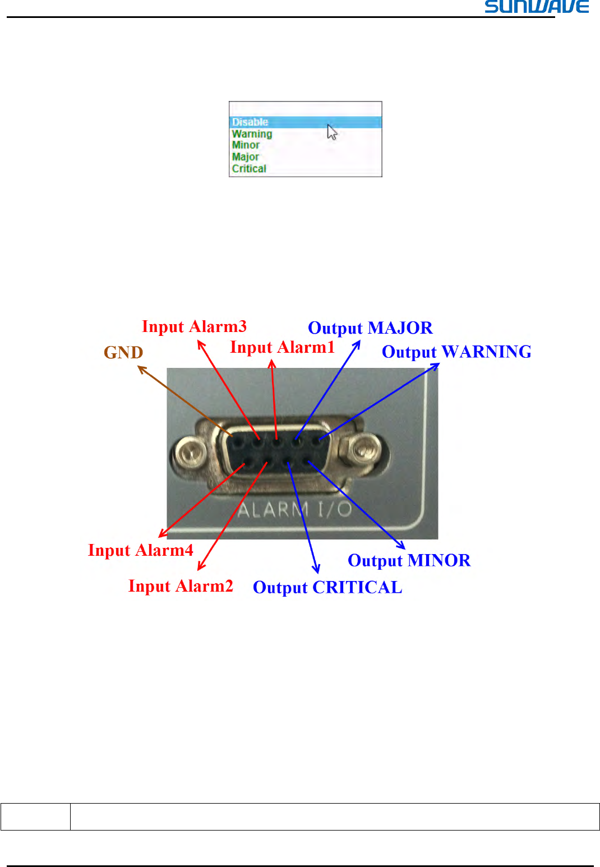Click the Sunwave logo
tap(537, 7)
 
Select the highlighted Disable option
tap(250, 122)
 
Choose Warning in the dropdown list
tap(252, 134)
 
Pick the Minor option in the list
tap(246, 145)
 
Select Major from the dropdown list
tap(245, 157)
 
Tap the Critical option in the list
tap(249, 169)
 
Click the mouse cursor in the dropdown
tap(332, 132)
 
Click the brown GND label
tap(123, 353)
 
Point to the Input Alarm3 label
tap(194, 326)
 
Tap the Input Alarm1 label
tap(282, 348)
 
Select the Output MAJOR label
tap(370, 328)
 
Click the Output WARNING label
tap(456, 352)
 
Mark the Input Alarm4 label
tap(140, 551)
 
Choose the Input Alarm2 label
tap(181, 587)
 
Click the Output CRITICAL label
tap(327, 588)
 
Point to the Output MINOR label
tap(409, 561)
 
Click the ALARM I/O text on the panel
tap(294, 509)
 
